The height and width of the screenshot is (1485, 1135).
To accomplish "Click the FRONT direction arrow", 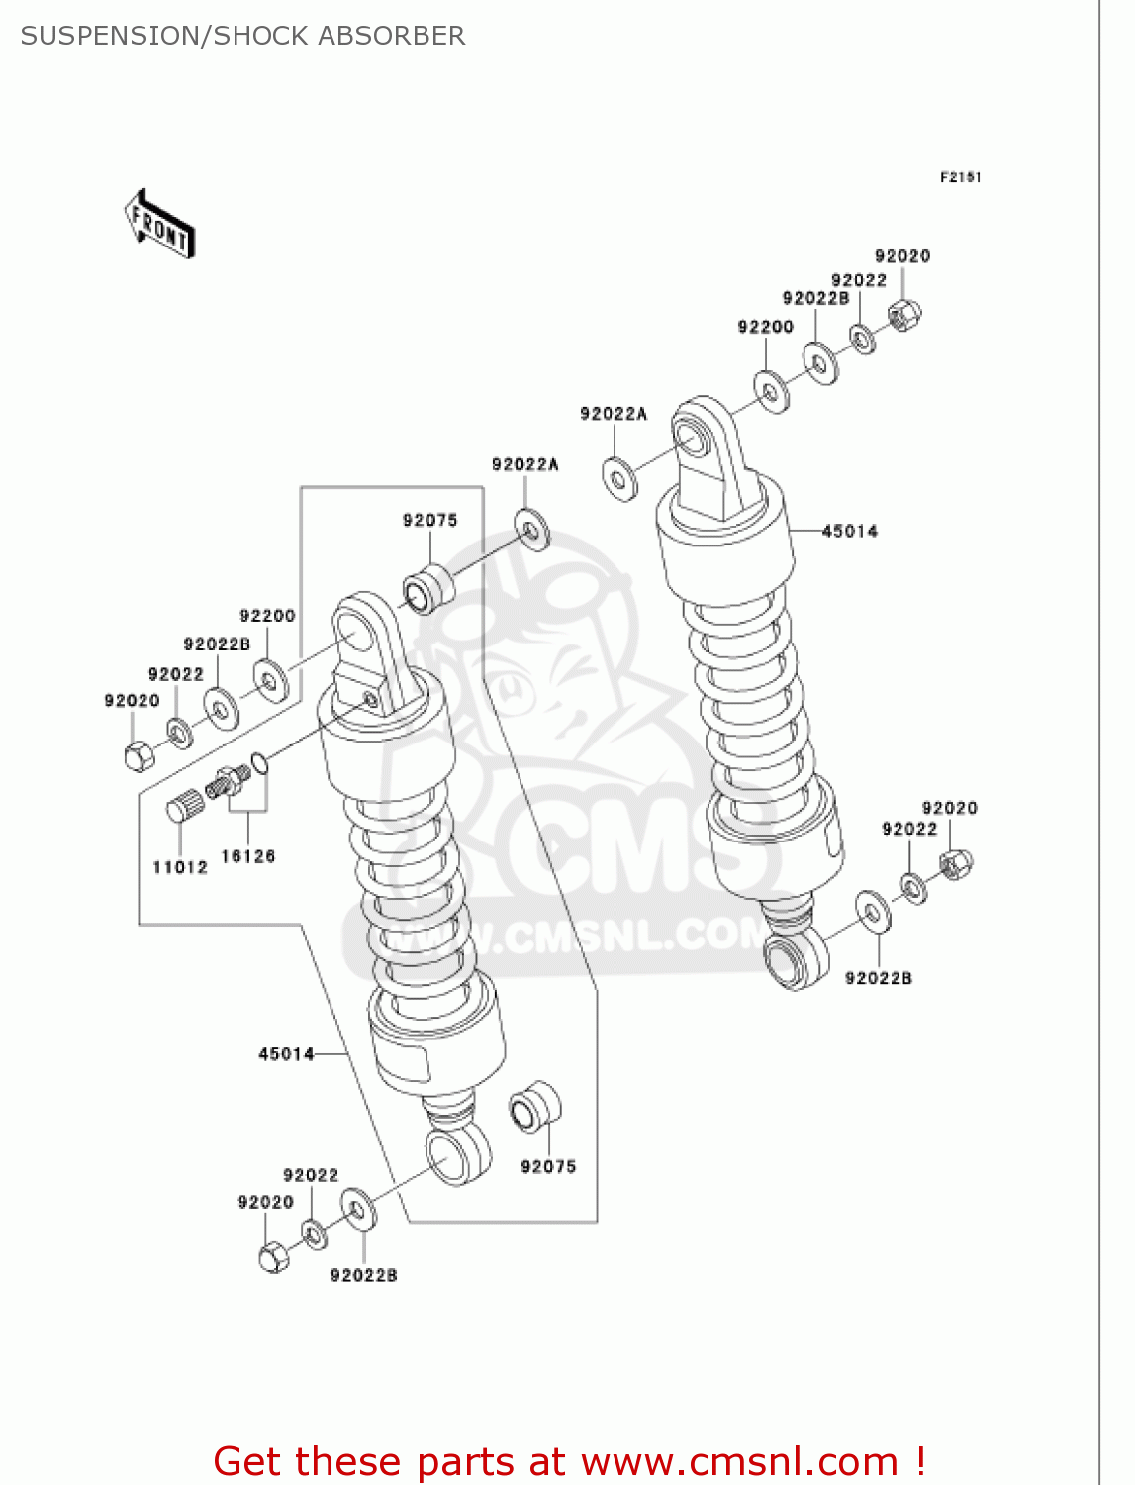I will click(159, 224).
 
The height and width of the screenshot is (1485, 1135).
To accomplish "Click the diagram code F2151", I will click(960, 177).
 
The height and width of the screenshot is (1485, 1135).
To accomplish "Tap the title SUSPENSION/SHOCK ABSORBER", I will click(242, 36).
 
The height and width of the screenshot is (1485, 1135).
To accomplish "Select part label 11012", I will click(180, 867).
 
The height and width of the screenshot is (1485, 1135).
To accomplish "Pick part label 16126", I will click(247, 856).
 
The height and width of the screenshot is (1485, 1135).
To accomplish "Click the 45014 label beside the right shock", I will click(849, 531).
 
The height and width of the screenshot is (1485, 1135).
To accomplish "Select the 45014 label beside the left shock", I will click(286, 1054).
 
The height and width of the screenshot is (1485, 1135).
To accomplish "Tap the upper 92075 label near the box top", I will click(429, 520).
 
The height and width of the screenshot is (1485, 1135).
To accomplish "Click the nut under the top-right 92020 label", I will click(904, 315).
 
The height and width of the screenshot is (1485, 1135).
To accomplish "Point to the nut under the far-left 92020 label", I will click(140, 755).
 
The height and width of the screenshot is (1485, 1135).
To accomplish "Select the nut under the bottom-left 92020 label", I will click(274, 1257).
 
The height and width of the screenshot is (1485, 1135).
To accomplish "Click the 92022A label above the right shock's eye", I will click(614, 414).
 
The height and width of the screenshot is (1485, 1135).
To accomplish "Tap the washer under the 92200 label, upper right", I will click(771, 391).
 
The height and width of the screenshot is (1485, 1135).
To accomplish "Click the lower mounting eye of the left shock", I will click(457, 1153).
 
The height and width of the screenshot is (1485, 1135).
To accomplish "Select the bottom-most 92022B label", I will click(363, 1275).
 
